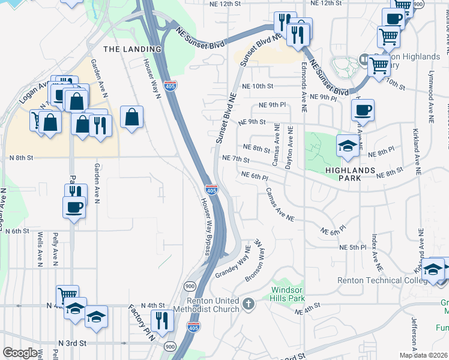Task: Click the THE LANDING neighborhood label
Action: pyautogui.click(x=133, y=49)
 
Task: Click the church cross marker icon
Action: pyautogui.click(x=250, y=304)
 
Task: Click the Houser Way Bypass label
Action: pyautogui.click(x=205, y=224)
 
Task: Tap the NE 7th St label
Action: pyautogui.click(x=235, y=158)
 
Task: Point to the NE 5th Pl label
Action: pyautogui.click(x=352, y=247)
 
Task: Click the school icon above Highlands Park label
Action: pyautogui.click(x=348, y=146)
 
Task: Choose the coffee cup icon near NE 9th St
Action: pyautogui.click(x=363, y=111)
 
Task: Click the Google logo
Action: pyautogui.click(x=20, y=353)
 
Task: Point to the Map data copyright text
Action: pyautogui.click(x=423, y=355)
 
